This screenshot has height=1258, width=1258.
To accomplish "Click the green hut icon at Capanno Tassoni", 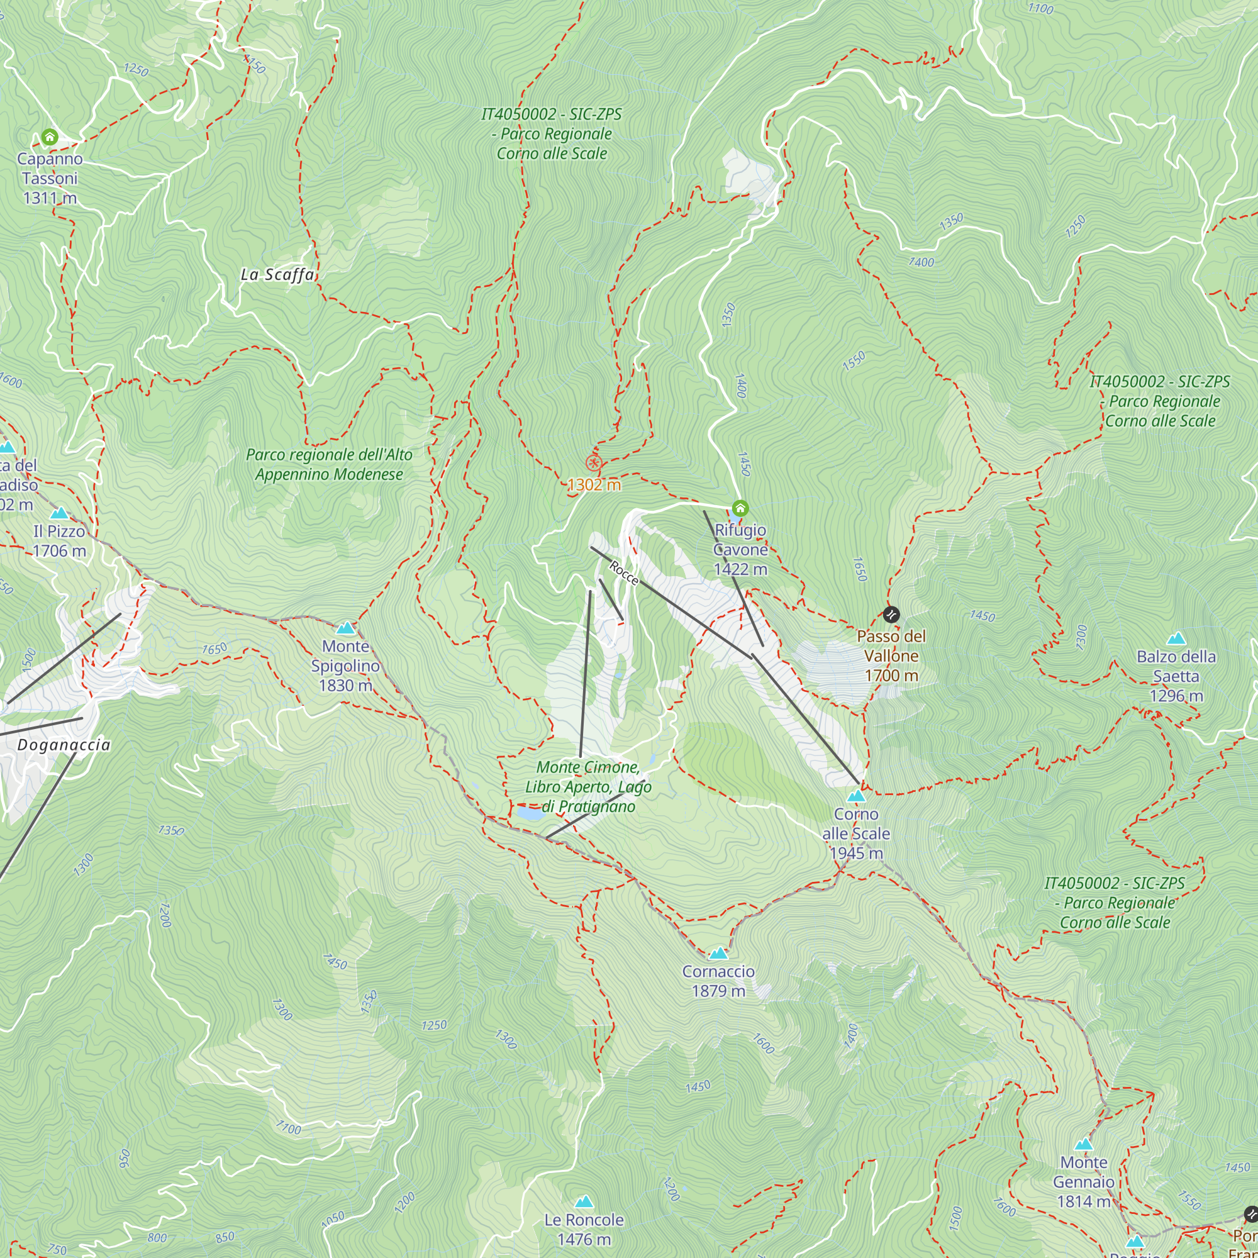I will point(50,136).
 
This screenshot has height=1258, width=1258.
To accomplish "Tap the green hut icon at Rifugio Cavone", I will point(740,508).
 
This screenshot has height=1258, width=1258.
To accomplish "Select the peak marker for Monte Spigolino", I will point(346,628).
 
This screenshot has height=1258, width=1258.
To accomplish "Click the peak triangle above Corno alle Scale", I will point(855,796).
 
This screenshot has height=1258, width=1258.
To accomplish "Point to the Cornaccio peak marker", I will point(718,954).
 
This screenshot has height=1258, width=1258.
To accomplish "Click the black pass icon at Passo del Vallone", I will point(891,614).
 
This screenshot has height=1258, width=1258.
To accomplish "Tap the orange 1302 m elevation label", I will point(594,485).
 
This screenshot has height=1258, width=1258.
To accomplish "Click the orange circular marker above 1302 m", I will point(593,464).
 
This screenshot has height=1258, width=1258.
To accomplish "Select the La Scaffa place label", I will point(277,275).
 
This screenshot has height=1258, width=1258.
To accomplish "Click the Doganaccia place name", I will point(64,745).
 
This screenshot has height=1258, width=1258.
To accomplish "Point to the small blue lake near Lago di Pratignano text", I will point(530,813).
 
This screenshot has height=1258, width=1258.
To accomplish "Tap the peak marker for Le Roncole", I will point(584,1201).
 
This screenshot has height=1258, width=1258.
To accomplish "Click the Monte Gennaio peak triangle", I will point(1084,1145).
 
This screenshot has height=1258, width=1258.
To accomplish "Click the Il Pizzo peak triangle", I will point(59,513).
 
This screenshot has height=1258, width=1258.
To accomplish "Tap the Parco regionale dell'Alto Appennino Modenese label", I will point(329,464).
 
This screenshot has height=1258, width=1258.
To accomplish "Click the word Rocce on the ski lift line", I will point(623,573).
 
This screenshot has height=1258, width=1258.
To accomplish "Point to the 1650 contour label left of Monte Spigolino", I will point(214,648).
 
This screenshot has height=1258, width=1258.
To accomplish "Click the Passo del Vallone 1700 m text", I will point(891,655).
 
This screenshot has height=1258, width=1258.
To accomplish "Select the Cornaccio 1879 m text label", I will point(718,981).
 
